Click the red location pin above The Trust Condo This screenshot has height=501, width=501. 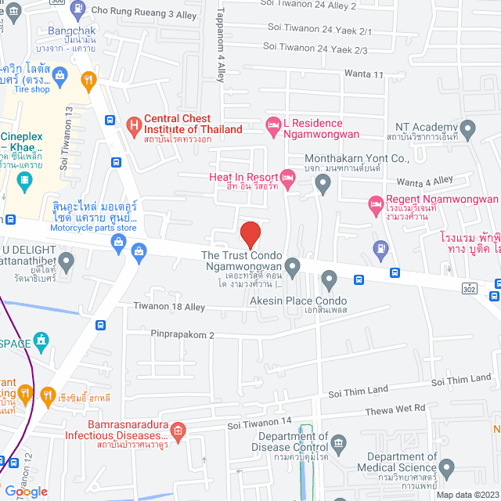(250, 234)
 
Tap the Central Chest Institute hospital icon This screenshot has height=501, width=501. (134, 124)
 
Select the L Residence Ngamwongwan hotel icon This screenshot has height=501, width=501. (273, 124)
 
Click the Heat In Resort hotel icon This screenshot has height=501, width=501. (288, 177)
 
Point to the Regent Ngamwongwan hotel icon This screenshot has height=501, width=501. (376, 205)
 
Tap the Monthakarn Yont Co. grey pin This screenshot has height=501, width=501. (323, 185)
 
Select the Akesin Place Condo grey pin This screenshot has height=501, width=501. (329, 279)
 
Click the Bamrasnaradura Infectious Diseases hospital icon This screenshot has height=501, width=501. (178, 430)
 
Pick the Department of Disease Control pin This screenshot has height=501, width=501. (338, 442)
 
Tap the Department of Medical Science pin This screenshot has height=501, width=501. (446, 469)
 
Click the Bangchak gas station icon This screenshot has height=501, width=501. (77, 9)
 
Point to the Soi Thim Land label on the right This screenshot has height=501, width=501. (460, 380)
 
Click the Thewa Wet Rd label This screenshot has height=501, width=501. (397, 409)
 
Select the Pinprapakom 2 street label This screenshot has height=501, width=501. (182, 334)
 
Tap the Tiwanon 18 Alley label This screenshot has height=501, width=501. (168, 306)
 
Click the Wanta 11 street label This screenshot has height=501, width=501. (364, 74)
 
